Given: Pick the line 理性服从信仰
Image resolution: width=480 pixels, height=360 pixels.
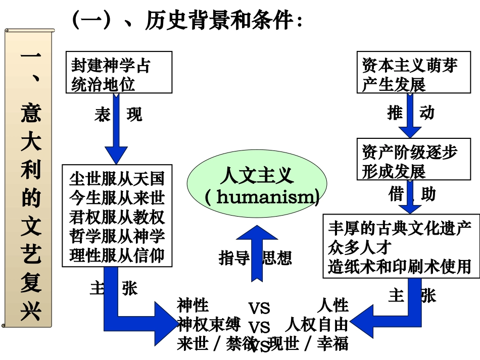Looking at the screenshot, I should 117,255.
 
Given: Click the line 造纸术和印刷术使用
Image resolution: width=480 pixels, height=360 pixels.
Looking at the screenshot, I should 399,266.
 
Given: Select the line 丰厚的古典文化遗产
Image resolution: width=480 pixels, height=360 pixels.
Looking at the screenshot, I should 399,228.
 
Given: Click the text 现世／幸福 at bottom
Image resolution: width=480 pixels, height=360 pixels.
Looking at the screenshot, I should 308,344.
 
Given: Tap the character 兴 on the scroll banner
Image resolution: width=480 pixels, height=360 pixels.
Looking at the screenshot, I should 30,313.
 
